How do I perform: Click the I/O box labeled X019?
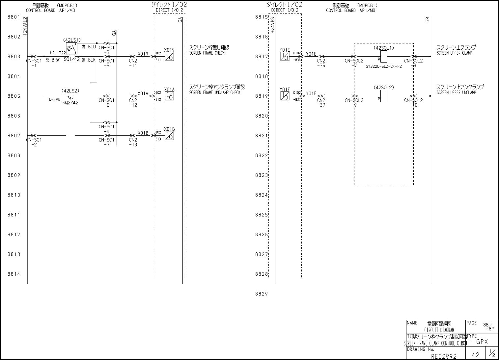click(x=169, y=57)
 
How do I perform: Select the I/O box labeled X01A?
click(x=169, y=96)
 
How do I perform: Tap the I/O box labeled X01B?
click(x=169, y=136)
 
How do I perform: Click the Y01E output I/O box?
click(x=285, y=57)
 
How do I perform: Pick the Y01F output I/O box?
click(x=285, y=96)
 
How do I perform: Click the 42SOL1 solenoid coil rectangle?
click(x=384, y=57)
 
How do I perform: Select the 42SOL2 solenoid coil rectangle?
click(x=384, y=96)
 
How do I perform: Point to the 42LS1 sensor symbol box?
click(x=71, y=48)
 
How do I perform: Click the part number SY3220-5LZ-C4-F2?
click(x=384, y=66)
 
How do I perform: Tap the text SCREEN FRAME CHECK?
click(x=207, y=53)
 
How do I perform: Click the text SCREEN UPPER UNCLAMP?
click(x=456, y=92)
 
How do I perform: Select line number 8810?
click(x=14, y=195)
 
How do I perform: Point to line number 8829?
click(x=261, y=294)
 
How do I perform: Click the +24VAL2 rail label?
click(x=25, y=26)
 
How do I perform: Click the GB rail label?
click(x=428, y=20)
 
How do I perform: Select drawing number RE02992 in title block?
click(x=444, y=356)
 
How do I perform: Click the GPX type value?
click(x=482, y=342)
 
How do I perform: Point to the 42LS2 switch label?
click(x=70, y=90)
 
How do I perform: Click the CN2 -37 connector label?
click(x=321, y=103)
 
